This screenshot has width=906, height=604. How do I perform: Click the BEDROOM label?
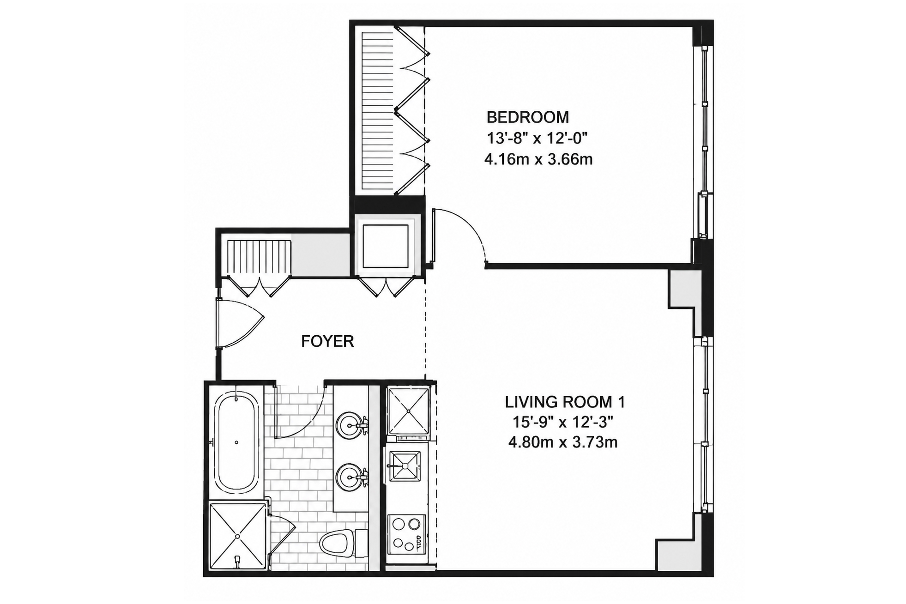click(527, 117)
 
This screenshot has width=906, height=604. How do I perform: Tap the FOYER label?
click(327, 341)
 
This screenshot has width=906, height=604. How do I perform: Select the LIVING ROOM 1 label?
click(565, 402)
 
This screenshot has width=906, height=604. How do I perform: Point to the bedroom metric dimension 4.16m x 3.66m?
click(538, 159)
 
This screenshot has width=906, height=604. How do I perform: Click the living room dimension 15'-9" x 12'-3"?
click(563, 422)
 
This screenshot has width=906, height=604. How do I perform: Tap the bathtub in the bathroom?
click(236, 442)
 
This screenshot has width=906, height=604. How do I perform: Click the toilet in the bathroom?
click(343, 543)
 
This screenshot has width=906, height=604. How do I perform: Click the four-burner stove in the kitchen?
click(406, 534)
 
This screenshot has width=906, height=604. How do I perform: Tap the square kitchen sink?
click(405, 466)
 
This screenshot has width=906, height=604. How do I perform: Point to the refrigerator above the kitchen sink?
click(408, 411)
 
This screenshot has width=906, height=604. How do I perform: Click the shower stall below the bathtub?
click(237, 536)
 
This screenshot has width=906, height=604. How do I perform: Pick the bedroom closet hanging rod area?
click(377, 111)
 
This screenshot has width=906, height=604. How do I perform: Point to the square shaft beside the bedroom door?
click(386, 246)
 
